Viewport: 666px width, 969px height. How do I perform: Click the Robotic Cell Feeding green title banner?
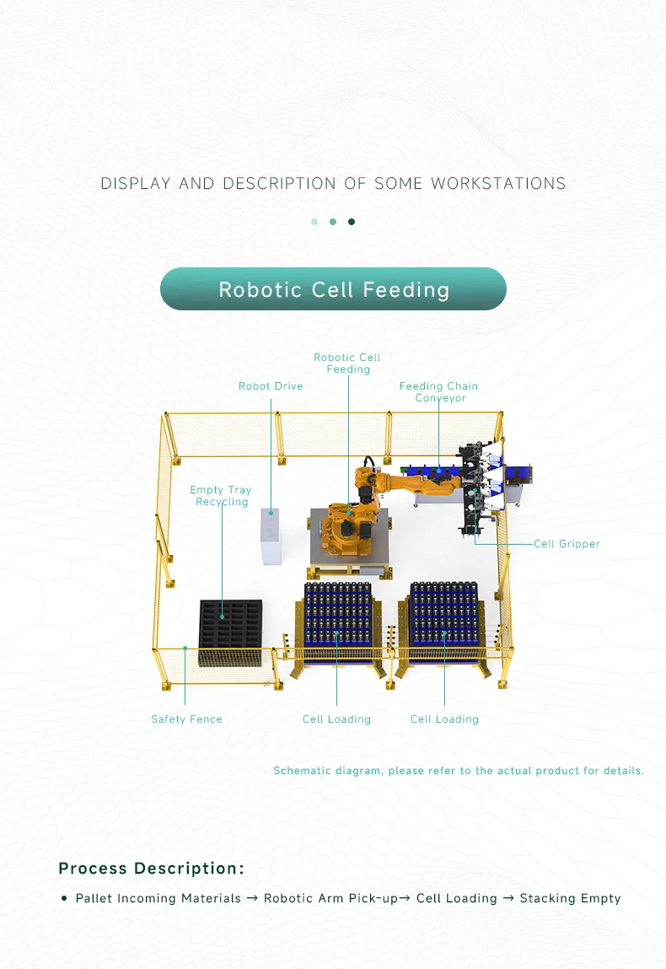coord(333,289)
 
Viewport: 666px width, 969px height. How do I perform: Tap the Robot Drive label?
coord(270,386)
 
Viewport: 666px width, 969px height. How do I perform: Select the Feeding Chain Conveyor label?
coord(438,392)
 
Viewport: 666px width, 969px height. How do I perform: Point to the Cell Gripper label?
coord(567,544)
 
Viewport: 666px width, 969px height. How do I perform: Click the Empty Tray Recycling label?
coord(221,496)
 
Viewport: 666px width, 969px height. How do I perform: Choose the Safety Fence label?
coord(186,719)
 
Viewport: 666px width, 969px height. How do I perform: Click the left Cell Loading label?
coord(336,719)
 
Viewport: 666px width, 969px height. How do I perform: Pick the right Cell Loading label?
coord(444,719)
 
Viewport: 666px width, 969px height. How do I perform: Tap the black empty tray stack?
coord(229,631)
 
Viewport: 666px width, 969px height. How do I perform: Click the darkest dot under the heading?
coord(352,222)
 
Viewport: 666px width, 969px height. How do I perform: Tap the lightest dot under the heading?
coord(314,222)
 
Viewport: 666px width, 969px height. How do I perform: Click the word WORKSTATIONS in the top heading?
coord(498,183)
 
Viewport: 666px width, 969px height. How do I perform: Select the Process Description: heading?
coord(152,869)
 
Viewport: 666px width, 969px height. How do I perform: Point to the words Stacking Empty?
coord(570,898)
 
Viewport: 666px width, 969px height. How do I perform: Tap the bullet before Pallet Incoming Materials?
coord(64,898)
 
